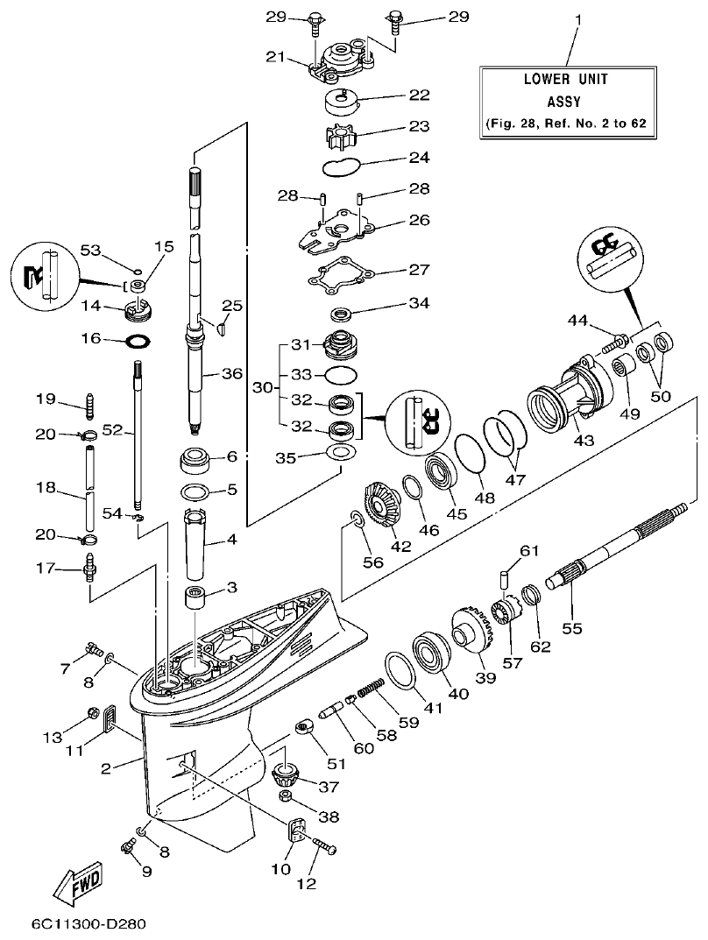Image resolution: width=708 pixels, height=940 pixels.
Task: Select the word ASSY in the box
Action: (x=565, y=101)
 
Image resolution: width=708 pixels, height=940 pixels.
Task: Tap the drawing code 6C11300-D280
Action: (x=87, y=923)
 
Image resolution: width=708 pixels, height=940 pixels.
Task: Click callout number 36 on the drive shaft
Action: (x=230, y=372)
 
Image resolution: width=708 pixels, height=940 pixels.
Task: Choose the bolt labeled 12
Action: (x=325, y=846)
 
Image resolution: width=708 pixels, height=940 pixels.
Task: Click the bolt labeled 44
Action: (x=613, y=343)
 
